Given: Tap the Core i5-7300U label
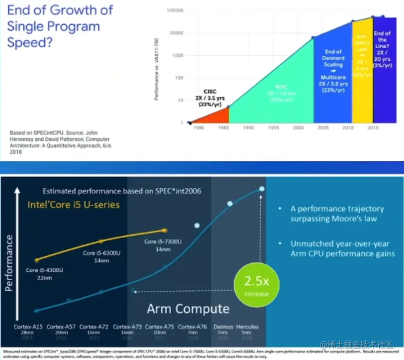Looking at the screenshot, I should click(x=163, y=241).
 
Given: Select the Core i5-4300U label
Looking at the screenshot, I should click(x=44, y=270).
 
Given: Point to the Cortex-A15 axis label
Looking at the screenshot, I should click(x=26, y=327).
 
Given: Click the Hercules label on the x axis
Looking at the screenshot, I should click(x=247, y=327).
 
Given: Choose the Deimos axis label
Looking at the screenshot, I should click(x=223, y=327).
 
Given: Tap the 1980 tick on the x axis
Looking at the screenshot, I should click(x=198, y=128).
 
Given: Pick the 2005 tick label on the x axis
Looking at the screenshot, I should click(x=323, y=128).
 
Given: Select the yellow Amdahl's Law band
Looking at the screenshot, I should click(x=361, y=69).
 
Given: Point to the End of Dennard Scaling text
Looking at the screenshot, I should click(x=333, y=58).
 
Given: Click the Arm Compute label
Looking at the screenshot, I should click(x=188, y=309).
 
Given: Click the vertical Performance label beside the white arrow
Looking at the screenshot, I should click(x=9, y=264).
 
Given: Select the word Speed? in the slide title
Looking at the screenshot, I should click(x=29, y=43).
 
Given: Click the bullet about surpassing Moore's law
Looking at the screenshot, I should click(x=337, y=213).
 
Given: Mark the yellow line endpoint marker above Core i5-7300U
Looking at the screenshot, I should click(x=165, y=230).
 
